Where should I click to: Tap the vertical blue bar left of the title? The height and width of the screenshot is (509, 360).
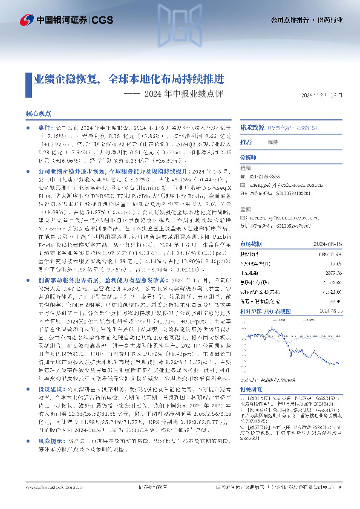click(x=28, y=79)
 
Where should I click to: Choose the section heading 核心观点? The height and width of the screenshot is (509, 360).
click(x=38, y=113)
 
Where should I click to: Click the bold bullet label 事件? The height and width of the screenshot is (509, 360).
click(x=46, y=129)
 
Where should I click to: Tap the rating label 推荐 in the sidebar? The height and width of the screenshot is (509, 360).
click(x=246, y=143)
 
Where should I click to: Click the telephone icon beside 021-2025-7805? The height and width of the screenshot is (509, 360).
click(x=243, y=176)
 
